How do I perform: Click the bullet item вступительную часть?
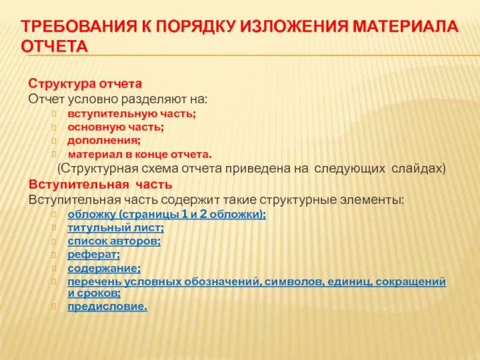131,113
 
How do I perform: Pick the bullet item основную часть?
116,127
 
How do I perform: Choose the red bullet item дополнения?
104,140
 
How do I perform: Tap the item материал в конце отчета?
139,154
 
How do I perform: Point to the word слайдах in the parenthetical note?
418,169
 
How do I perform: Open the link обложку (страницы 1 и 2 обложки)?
167,214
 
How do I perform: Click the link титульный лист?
116,228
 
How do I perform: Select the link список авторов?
114,241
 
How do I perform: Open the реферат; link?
93,255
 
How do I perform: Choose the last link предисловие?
107,307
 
